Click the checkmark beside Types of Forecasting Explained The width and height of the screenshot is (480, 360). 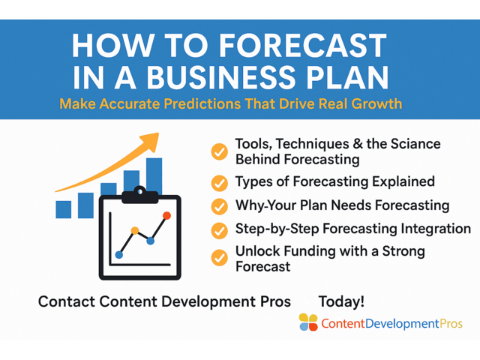click(x=219, y=182)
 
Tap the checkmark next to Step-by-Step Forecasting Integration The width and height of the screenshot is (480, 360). click(x=219, y=229)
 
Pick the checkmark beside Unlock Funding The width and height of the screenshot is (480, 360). click(x=219, y=257)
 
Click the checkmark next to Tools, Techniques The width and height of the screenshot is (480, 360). click(x=219, y=152)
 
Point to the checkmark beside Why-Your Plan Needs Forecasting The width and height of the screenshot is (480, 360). click(x=219, y=205)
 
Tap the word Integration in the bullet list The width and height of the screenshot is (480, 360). click(x=437, y=229)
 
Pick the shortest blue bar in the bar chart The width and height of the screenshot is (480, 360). click(x=64, y=209)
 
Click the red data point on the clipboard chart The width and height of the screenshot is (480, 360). click(x=166, y=216)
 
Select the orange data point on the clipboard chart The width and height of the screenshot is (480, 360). click(x=135, y=230)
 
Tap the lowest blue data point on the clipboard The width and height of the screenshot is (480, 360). click(x=119, y=255)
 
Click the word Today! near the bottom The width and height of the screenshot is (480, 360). click(x=341, y=301)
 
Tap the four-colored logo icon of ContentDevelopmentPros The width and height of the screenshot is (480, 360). click(x=308, y=322)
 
